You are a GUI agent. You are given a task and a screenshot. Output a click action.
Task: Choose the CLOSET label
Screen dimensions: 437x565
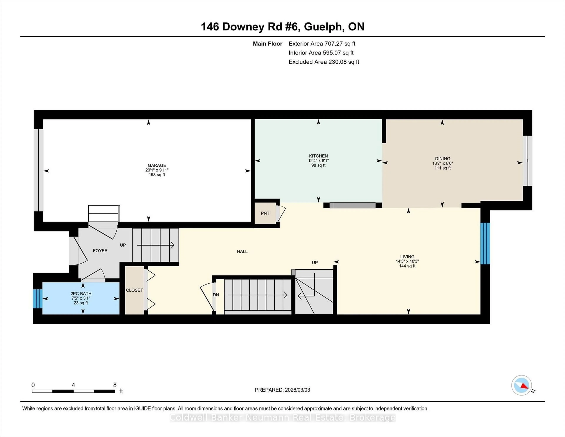pos(134,290)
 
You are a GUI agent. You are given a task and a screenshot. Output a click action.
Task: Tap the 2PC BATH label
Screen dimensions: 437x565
pos(81,294)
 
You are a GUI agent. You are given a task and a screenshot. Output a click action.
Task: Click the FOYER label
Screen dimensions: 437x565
pos(100,251)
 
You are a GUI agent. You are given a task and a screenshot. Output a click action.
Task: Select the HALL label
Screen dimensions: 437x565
pos(242,251)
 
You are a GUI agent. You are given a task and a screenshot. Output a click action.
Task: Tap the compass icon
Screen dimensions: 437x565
pos(521,385)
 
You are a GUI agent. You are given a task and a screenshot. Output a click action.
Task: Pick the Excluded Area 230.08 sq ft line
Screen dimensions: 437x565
pos(324,62)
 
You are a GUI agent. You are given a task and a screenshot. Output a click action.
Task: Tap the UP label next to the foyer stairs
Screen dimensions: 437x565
pos(123,245)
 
